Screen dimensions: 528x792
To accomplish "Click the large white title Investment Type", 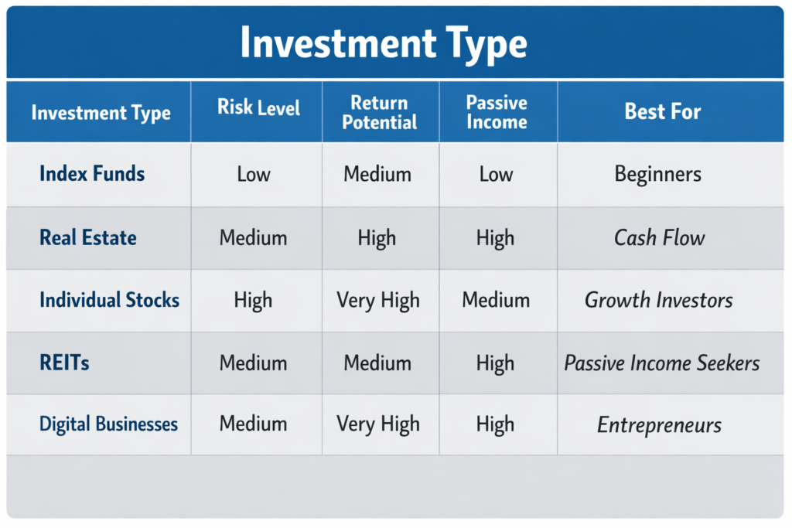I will click(x=384, y=43).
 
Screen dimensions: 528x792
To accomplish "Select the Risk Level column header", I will click(x=258, y=107).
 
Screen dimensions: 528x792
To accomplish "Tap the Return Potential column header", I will click(x=379, y=113).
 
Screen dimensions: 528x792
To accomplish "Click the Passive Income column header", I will click(x=497, y=113).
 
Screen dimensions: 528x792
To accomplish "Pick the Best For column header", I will click(x=663, y=111).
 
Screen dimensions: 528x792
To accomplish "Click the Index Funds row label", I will click(x=92, y=173).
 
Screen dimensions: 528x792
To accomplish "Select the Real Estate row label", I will click(x=88, y=237).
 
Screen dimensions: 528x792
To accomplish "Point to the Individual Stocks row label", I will click(x=109, y=300).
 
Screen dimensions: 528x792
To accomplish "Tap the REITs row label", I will click(x=64, y=362).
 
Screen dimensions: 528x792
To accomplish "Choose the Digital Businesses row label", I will click(x=108, y=424).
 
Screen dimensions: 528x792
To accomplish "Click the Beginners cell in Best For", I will click(x=658, y=174).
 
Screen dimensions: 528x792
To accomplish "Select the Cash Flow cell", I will click(x=660, y=237).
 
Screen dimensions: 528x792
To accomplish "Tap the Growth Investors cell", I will click(x=659, y=300).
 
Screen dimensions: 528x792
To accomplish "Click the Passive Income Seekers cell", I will click(x=662, y=363).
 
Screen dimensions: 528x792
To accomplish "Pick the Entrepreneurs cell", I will click(x=660, y=424).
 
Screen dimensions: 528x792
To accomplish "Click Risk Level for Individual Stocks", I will click(x=254, y=300).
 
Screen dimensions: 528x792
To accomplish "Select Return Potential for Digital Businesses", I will click(x=378, y=424).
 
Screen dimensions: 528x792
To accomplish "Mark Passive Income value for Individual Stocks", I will click(x=496, y=300).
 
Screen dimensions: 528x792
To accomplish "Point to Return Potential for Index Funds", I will click(x=378, y=174).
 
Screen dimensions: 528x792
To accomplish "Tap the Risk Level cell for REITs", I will click(x=254, y=362).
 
